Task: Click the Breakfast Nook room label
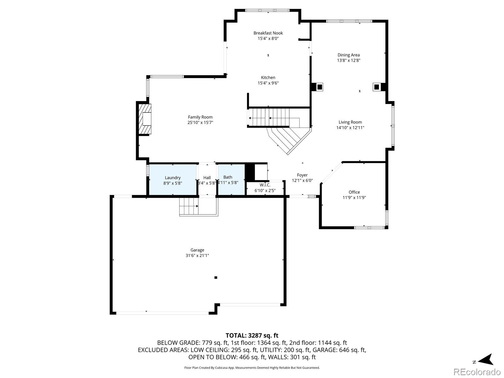(268, 33)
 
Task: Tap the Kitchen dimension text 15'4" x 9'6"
(268, 83)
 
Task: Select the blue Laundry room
(173, 180)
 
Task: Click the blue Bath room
(231, 180)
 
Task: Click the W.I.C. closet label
(265, 185)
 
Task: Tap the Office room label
(354, 192)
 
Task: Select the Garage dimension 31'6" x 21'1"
(197, 256)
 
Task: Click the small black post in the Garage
(216, 278)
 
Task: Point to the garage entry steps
(189, 206)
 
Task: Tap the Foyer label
(302, 175)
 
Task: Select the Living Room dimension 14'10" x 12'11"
(350, 128)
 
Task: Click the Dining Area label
(349, 55)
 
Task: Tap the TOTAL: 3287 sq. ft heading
(252, 335)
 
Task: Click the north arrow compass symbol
(485, 360)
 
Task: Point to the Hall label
(207, 178)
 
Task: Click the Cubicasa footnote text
(252, 368)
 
